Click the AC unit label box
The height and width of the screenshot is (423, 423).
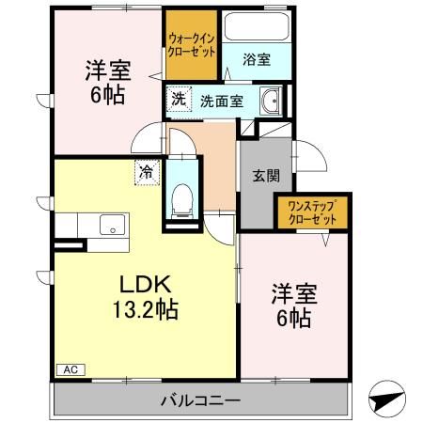pyautogui.click(x=70, y=369)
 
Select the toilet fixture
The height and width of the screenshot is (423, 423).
pyautogui.click(x=182, y=201)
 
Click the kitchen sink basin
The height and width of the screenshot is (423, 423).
pyautogui.click(x=112, y=225)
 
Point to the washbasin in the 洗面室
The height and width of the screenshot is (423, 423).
pyautogui.click(x=271, y=101)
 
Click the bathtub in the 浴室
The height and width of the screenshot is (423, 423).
pyautogui.click(x=257, y=26)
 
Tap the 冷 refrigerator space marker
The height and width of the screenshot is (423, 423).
pyautogui.click(x=147, y=172)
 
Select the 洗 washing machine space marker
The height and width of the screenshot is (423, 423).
pyautogui.click(x=179, y=99)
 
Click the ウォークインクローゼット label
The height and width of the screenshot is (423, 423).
pyautogui.click(x=192, y=46)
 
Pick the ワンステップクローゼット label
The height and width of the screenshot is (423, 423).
pyautogui.click(x=312, y=212)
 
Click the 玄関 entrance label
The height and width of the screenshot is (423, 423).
pyautogui.click(x=266, y=176)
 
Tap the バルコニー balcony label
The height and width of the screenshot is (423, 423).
pyautogui.click(x=201, y=400)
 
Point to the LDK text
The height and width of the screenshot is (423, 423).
pyautogui.click(x=145, y=284)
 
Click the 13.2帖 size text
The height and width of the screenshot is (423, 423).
pyautogui.click(x=145, y=309)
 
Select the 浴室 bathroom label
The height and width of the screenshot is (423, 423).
pyautogui.click(x=257, y=59)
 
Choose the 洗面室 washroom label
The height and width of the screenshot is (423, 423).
pyautogui.click(x=222, y=102)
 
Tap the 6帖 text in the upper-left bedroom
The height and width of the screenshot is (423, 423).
pyautogui.click(x=108, y=95)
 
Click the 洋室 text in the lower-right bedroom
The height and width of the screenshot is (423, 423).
pyautogui.click(x=294, y=294)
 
